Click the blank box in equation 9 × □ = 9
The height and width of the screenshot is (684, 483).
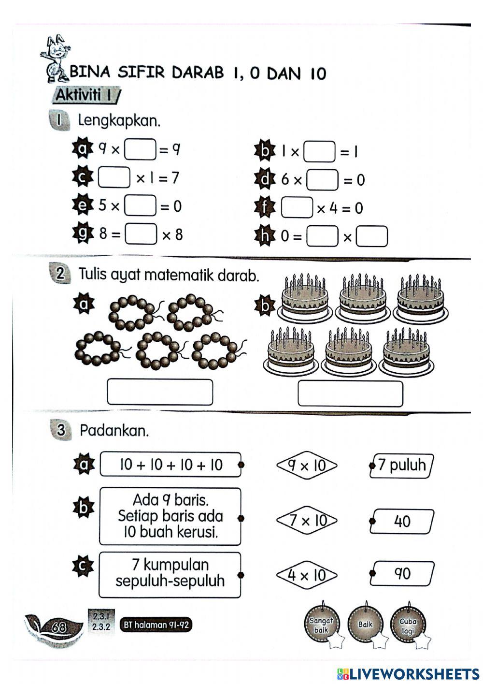140,149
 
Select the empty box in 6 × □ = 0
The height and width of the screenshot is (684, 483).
323,180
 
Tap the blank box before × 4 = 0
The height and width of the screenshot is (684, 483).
297,208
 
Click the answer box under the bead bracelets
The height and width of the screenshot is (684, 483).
159,392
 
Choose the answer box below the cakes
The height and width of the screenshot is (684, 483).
350,393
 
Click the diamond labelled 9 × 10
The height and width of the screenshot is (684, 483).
307,466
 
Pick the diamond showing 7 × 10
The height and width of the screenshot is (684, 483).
307,521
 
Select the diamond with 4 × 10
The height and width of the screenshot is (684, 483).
307,575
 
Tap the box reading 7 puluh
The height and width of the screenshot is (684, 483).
402,466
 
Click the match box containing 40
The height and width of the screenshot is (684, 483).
402,521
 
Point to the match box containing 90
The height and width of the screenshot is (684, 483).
402,574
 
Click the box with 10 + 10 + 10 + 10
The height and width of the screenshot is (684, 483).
170,465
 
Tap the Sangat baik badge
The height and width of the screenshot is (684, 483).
321,626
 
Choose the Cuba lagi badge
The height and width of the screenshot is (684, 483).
408,626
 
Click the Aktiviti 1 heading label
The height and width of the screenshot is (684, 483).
85,95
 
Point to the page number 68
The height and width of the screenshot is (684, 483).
59,627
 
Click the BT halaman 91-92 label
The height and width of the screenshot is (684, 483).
156,625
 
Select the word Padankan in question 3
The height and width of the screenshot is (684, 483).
114,430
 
